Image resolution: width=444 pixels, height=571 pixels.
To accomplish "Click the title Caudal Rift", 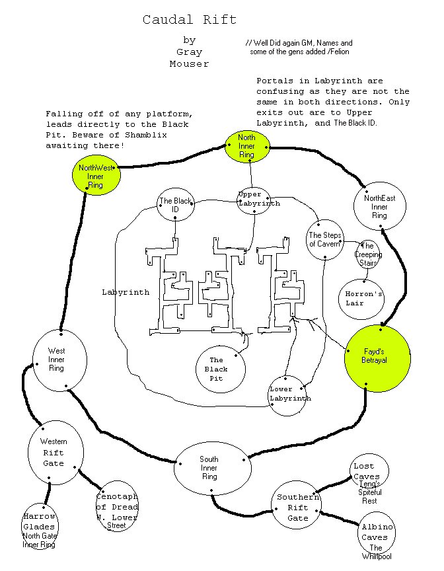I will [189, 20].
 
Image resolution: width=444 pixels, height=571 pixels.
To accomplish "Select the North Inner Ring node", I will [246, 146].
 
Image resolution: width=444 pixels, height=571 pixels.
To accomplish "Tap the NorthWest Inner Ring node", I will [95, 176].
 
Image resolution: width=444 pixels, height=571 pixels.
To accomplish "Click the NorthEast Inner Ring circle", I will [379, 206].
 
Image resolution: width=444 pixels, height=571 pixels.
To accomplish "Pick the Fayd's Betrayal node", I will [378, 358].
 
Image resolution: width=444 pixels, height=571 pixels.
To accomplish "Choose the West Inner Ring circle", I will [59, 359].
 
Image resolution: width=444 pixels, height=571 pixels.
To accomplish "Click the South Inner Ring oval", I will [212, 468].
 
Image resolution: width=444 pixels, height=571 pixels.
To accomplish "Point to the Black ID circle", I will [175, 205].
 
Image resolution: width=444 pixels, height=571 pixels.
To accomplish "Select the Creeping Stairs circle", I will [367, 254].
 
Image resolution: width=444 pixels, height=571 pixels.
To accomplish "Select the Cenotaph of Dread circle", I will [116, 506].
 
